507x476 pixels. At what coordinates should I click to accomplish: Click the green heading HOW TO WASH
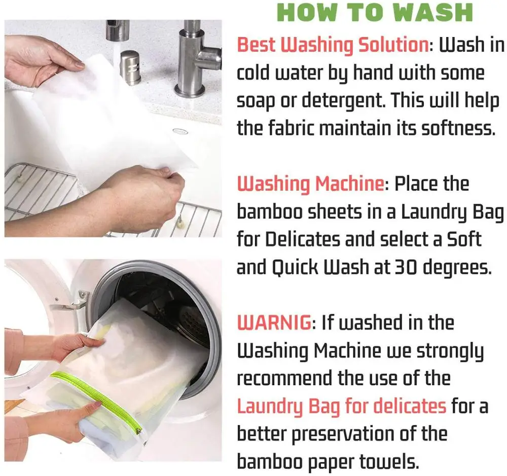(375, 13)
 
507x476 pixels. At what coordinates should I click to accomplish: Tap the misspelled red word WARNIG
(274, 322)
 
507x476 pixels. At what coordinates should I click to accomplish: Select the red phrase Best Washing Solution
(333, 45)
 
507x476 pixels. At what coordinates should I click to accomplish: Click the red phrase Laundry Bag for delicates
(341, 406)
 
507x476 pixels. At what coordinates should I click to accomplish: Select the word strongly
(450, 351)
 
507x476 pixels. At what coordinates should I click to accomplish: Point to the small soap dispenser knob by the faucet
(130, 67)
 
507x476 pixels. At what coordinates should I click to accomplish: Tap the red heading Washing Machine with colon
(313, 184)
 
